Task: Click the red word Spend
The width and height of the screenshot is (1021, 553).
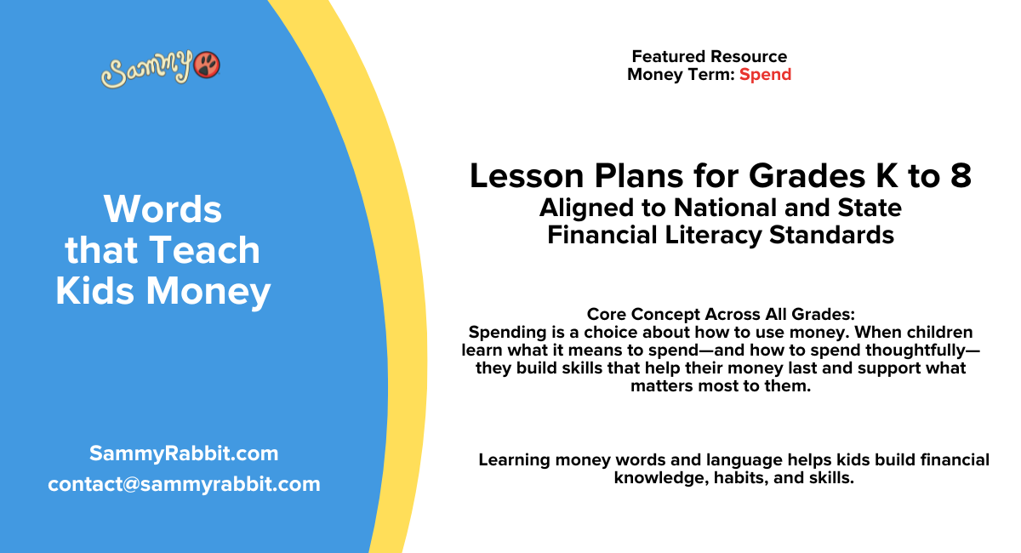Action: click(x=765, y=74)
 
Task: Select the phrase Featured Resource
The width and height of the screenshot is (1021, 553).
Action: click(x=709, y=56)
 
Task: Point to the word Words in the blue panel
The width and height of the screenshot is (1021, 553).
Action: click(x=163, y=208)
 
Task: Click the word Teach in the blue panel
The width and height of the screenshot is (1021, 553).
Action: click(x=203, y=250)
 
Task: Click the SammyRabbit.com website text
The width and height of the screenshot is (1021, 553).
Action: click(x=184, y=453)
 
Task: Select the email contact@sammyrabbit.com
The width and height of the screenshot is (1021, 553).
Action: click(x=184, y=484)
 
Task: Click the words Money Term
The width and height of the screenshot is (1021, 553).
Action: click(x=680, y=74)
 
